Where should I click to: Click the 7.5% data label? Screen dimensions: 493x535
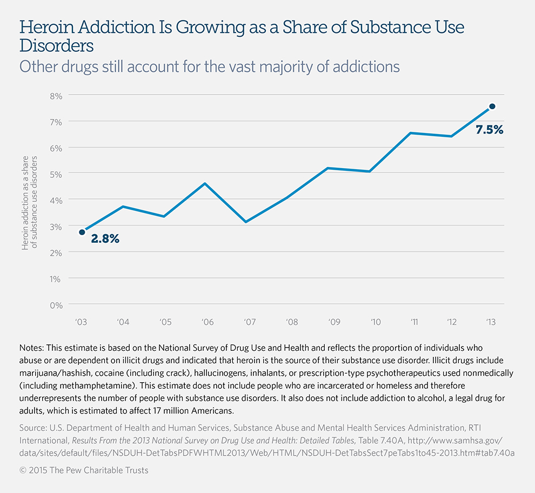click(x=489, y=130)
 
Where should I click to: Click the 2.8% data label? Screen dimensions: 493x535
click(x=105, y=238)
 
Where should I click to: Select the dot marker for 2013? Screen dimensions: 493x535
click(x=492, y=106)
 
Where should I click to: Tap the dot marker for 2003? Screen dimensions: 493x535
click(x=82, y=232)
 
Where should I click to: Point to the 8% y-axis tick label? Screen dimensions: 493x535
click(x=56, y=96)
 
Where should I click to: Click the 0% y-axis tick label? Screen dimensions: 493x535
click(x=56, y=305)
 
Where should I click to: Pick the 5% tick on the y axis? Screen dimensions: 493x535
click(x=56, y=174)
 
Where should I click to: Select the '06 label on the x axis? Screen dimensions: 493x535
click(x=208, y=322)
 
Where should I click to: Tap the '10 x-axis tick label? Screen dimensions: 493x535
click(x=376, y=322)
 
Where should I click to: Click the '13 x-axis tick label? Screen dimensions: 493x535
click(x=490, y=322)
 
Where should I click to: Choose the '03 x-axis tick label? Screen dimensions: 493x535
click(x=82, y=322)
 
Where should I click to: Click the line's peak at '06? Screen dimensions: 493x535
click(x=205, y=183)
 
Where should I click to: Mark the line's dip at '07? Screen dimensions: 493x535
click(x=246, y=222)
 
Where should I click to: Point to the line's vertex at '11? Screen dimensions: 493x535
click(x=411, y=133)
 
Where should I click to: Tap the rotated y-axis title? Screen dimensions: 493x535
click(x=30, y=203)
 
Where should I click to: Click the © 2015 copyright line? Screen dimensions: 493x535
click(x=83, y=470)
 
